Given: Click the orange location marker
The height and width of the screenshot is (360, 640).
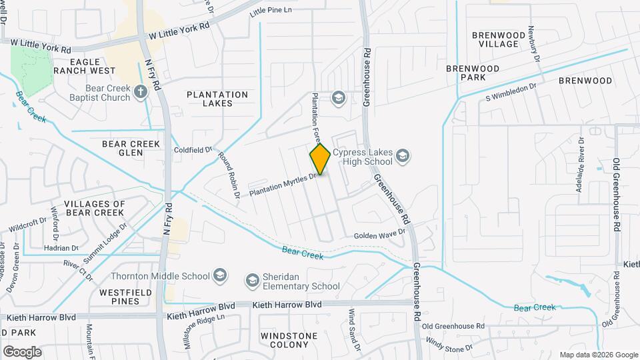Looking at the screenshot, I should click(321, 159).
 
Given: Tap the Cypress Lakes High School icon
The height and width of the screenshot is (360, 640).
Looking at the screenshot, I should click(402, 157).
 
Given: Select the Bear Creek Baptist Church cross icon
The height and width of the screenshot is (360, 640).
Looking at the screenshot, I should click(141, 91).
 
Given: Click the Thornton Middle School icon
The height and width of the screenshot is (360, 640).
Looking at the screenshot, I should click(219, 275).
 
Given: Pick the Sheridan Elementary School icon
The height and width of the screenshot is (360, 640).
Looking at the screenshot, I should click(253, 281).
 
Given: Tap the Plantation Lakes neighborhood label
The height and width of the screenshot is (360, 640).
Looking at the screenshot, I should click(217, 99).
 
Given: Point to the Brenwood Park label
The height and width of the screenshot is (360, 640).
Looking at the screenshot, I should click(473, 73).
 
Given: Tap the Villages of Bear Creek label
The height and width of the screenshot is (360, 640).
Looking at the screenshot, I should click(94, 208).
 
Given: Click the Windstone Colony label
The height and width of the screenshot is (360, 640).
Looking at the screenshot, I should click(285, 340).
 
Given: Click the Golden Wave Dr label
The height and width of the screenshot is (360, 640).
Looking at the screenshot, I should click(379, 235).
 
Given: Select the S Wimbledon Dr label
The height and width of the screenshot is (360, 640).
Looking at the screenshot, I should click(511, 93).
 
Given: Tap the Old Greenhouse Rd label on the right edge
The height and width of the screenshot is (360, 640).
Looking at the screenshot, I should click(617, 195).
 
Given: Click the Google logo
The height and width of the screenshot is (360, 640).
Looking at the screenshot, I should click(22, 352).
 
